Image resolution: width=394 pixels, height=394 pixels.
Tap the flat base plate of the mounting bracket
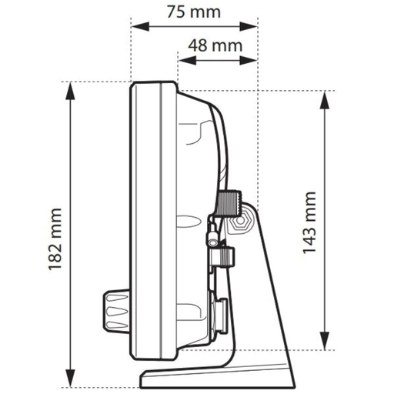[x=215, y=379]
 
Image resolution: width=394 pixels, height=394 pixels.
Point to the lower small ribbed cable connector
[x=222, y=256]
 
